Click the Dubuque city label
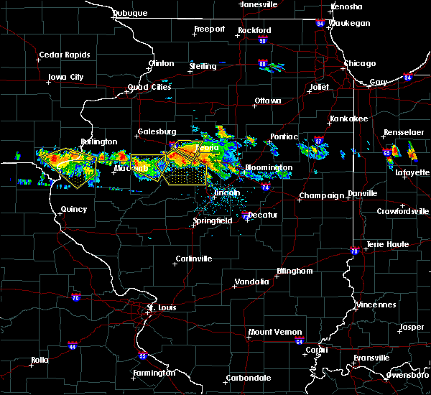[129, 13]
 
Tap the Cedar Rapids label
[65, 55]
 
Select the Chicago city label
[359, 63]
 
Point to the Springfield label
[212, 221]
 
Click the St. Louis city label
[161, 307]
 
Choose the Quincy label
[74, 210]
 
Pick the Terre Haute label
[388, 244]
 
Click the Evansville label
[372, 358]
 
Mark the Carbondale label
[249, 378]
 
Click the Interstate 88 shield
[264, 65]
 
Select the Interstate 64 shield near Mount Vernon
[301, 342]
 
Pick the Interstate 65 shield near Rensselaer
[387, 152]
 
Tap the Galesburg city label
[157, 131]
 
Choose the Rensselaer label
[404, 133]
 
